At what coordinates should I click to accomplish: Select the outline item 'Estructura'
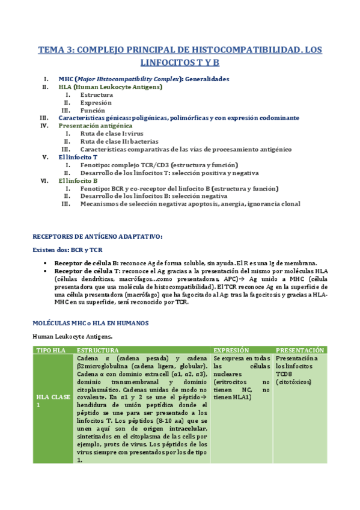96,95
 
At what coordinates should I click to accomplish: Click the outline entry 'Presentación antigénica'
96,126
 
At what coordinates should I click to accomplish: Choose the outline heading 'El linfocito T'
78,157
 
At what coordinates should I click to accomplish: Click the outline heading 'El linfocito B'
78,180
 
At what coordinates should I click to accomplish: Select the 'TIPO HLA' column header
52,350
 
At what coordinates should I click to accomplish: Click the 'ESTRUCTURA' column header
98,350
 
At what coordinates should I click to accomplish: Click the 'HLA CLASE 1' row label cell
53,401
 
